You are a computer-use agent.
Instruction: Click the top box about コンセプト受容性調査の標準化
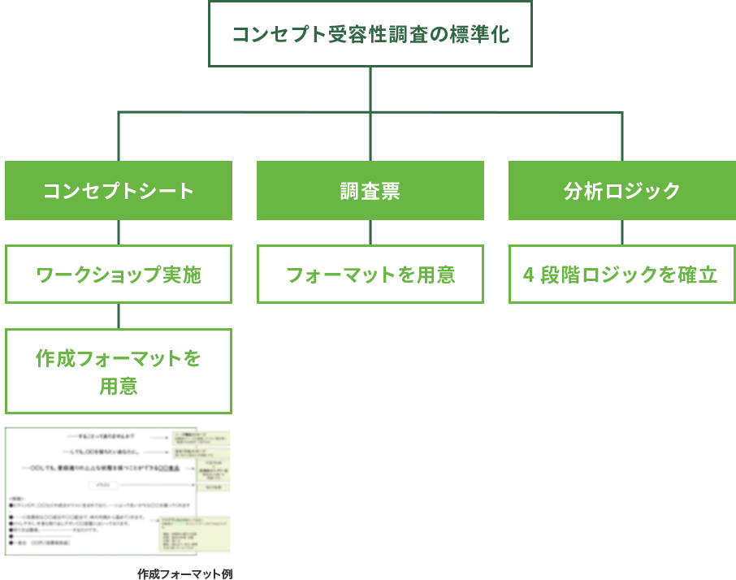370,34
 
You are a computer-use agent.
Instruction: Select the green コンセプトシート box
119,191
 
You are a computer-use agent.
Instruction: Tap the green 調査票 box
370,191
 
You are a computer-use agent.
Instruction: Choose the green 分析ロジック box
621,191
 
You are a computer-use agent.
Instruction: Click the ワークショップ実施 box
119,275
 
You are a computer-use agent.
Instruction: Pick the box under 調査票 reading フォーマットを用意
370,275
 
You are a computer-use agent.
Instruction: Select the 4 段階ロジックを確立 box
621,275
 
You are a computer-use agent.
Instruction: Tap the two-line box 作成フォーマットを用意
119,371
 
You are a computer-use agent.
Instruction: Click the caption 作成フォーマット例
185,574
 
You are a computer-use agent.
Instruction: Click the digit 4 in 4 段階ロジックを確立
528,275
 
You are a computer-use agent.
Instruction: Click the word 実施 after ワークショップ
182,275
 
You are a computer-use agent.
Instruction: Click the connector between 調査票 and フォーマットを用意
370,233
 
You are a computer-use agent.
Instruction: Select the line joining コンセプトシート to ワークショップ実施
119,233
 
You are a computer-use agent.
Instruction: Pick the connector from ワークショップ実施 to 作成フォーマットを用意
119,316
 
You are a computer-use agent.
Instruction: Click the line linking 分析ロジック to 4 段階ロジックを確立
622,233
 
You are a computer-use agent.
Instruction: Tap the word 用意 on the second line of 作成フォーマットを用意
119,387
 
